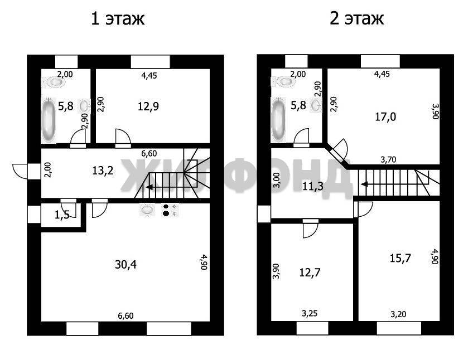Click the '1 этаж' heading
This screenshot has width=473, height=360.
[x=118, y=19]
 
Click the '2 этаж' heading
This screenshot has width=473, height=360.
[x=356, y=19]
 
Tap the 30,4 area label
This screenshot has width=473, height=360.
[x=126, y=265]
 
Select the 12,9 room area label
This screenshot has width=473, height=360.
[x=148, y=106]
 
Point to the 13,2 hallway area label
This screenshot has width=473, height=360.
[x=103, y=171]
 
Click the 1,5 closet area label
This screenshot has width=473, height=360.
[x=62, y=215]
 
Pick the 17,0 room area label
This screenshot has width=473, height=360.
[x=385, y=116]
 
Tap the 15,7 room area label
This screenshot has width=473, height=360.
[x=400, y=259]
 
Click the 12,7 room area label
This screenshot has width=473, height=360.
[x=310, y=273]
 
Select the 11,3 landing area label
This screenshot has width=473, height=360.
[x=313, y=186]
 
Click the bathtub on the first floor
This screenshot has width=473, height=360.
[x=49, y=120]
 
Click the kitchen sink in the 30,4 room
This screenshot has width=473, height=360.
[x=147, y=210]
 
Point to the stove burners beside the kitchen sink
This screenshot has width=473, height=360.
[x=170, y=210]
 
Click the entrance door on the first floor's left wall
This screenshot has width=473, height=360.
[x=20, y=172]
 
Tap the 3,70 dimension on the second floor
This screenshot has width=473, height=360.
[x=388, y=159]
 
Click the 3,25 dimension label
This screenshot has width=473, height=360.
[x=310, y=314]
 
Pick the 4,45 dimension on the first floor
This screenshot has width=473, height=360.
[x=149, y=75]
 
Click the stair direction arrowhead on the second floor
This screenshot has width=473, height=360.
[x=365, y=184]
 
